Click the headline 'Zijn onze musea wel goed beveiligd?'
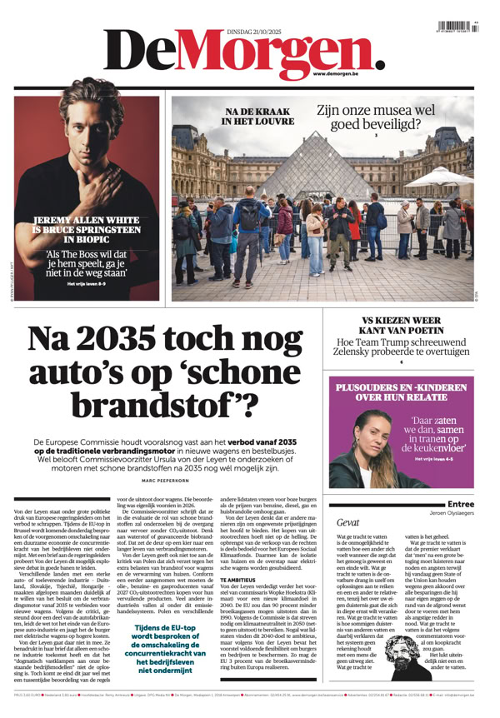(x=376, y=117)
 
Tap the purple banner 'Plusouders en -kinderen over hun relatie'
(x=401, y=392)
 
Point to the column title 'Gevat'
(x=348, y=522)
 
